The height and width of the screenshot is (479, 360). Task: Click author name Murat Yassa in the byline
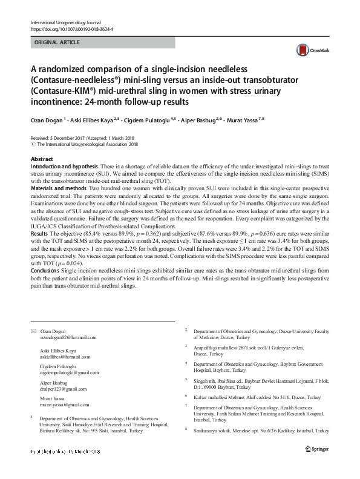[x=240, y=120]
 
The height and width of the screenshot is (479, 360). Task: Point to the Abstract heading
[x=43, y=158]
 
